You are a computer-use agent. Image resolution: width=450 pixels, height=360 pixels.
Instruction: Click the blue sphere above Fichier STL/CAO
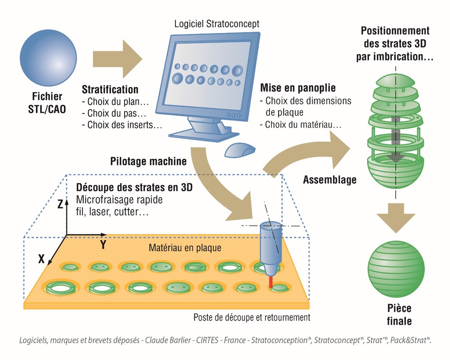pos(48,58)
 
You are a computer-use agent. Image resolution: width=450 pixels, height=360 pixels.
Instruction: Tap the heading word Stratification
pos(110,89)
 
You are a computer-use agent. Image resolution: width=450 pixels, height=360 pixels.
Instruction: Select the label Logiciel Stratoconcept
pos(217,24)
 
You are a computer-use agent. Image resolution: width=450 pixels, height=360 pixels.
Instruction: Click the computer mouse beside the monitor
pos(240,150)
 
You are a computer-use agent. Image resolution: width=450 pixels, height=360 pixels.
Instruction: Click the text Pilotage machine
pos(148,161)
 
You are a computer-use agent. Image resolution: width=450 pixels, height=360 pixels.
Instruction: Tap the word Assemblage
pos(330,180)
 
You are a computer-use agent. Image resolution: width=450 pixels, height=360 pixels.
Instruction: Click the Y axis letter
pos(103,245)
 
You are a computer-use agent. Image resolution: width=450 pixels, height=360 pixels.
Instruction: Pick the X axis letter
pos(41,259)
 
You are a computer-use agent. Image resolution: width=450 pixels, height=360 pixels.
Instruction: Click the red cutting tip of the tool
pos(271,282)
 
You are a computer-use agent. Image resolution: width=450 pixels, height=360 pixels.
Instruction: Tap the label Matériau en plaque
pos(185,248)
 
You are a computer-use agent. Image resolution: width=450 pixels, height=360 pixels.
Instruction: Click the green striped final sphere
pos(396,269)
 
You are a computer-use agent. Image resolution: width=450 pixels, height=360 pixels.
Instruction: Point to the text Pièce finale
pos(399,315)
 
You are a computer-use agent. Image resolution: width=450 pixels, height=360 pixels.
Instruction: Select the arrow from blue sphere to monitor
pos(118,59)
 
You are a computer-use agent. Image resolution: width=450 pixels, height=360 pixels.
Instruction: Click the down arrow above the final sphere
pos(396,218)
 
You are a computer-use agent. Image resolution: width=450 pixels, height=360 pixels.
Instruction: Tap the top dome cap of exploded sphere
pos(395,80)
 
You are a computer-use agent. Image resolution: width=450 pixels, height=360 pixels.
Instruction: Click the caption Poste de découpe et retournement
pos(252,317)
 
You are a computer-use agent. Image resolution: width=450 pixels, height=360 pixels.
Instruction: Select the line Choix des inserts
pos(122,125)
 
